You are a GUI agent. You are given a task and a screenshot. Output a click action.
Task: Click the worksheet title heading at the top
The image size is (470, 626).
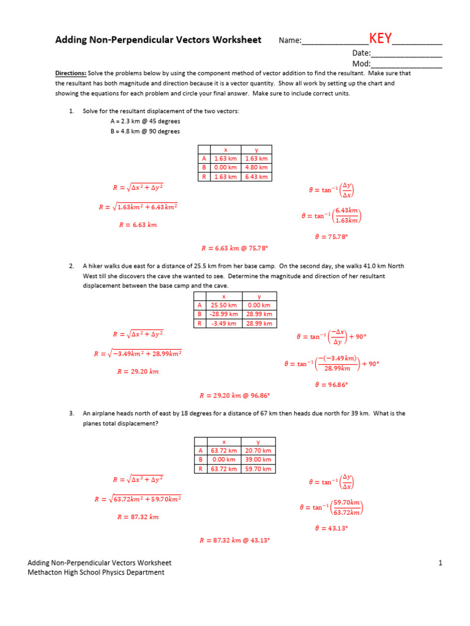pyautogui.click(x=158, y=40)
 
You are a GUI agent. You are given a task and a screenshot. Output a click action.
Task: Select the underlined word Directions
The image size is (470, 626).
pyautogui.click(x=70, y=73)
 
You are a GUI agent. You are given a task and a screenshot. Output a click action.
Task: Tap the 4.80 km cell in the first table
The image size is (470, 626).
pyautogui.click(x=256, y=168)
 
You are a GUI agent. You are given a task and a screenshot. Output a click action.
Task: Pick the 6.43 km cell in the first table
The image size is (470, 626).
pyautogui.click(x=256, y=177)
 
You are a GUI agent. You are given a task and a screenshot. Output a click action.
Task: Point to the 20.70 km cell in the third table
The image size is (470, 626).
pyautogui.click(x=258, y=451)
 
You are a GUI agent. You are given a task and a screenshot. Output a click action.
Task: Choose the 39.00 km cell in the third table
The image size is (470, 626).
pyautogui.click(x=258, y=460)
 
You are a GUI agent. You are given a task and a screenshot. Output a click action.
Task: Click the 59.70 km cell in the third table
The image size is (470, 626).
pyautogui.click(x=258, y=469)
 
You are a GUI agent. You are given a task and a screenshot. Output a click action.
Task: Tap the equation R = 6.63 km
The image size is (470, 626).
pyautogui.click(x=138, y=225)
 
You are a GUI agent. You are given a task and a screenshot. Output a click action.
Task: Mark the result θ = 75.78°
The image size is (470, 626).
pyautogui.click(x=331, y=237)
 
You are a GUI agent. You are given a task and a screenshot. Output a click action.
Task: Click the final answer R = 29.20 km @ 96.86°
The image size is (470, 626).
pyautogui.click(x=235, y=396)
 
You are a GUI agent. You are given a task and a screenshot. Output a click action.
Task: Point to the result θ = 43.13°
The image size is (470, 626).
pyautogui.click(x=331, y=528)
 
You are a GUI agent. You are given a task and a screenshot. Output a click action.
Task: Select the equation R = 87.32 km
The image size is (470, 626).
pyautogui.click(x=138, y=517)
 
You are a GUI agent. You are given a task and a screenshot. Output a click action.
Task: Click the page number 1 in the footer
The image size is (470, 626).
pyautogui.click(x=439, y=563)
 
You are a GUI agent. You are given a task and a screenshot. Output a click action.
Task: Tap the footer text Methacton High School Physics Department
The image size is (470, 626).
pyautogui.click(x=96, y=573)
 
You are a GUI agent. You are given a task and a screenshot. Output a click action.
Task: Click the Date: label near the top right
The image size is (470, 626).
pyautogui.click(x=360, y=53)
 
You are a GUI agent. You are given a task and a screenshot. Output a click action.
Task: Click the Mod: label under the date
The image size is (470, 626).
pyautogui.click(x=361, y=64)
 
